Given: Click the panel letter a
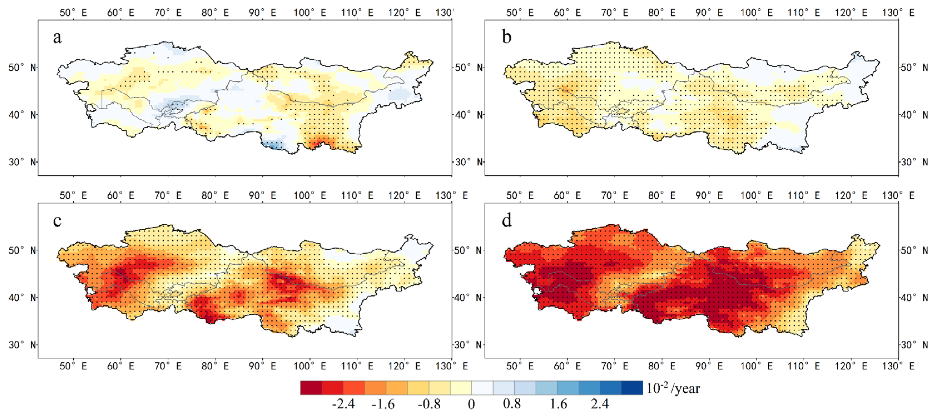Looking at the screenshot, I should click(57, 38).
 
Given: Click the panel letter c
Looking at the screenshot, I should click(57, 220).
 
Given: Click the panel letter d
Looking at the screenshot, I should click(507, 220).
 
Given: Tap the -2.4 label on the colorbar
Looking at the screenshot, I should click(343, 404).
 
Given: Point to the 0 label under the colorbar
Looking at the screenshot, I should click(471, 404).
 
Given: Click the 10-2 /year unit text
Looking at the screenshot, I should click(673, 388).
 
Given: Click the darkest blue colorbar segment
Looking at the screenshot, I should click(632, 388).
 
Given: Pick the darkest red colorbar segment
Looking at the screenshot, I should click(311, 388).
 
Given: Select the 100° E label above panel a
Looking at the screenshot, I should click(310, 13).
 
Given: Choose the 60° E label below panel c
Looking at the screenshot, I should click(121, 366).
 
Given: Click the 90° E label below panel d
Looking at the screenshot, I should click(709, 366).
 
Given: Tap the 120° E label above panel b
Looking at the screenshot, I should click(851, 13).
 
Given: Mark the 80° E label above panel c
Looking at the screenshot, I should click(215, 196).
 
